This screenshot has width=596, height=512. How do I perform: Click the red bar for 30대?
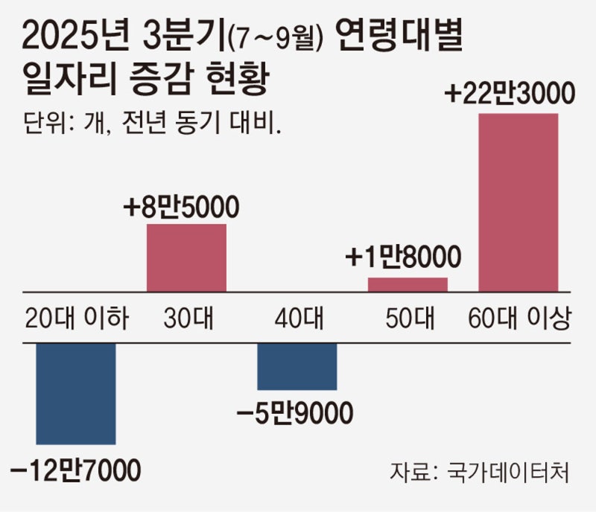(x=186, y=257)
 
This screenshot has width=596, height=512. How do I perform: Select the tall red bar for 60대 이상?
(x=518, y=202)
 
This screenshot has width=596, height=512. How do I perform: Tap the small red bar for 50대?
(x=408, y=284)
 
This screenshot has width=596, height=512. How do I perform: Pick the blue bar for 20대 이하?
(x=76, y=393)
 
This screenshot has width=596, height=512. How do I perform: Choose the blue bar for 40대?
(x=297, y=366)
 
